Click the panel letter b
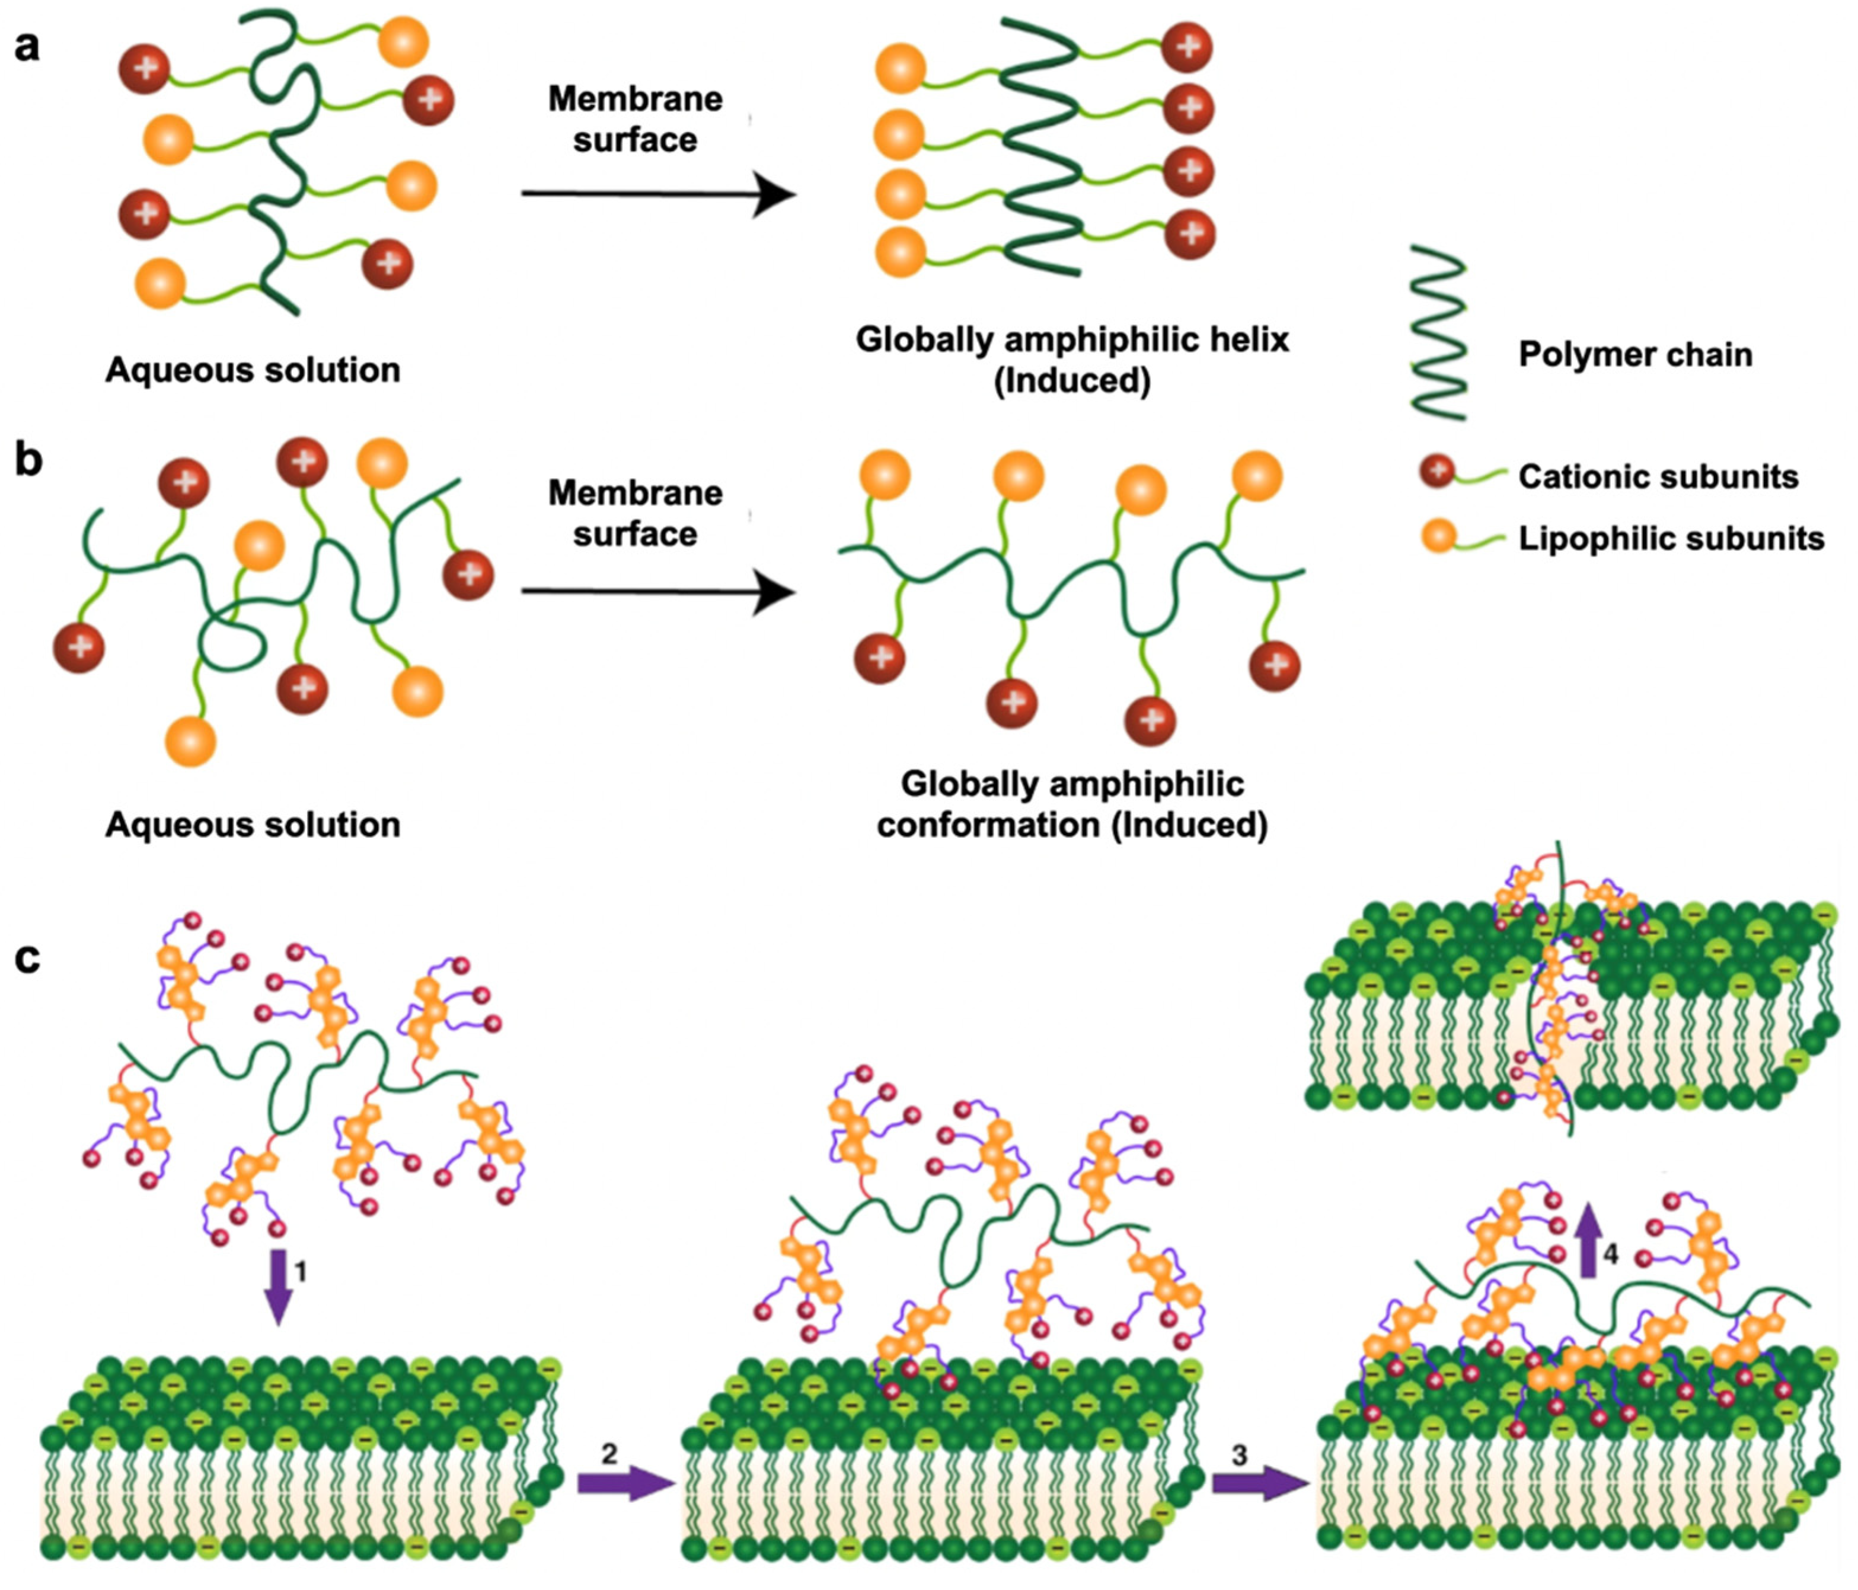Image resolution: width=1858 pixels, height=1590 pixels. click(x=28, y=461)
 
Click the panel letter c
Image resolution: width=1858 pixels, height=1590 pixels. click(x=27, y=957)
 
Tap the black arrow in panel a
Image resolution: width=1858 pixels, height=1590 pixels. click(x=659, y=194)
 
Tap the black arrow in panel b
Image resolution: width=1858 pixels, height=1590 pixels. click(x=659, y=592)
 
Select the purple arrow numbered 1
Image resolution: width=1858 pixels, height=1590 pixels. click(x=279, y=1286)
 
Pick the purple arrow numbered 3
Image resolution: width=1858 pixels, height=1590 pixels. click(x=1260, y=1483)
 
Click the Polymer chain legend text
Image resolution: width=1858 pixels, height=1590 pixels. click(x=1634, y=355)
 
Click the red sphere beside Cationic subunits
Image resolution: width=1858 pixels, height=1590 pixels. click(x=1436, y=470)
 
